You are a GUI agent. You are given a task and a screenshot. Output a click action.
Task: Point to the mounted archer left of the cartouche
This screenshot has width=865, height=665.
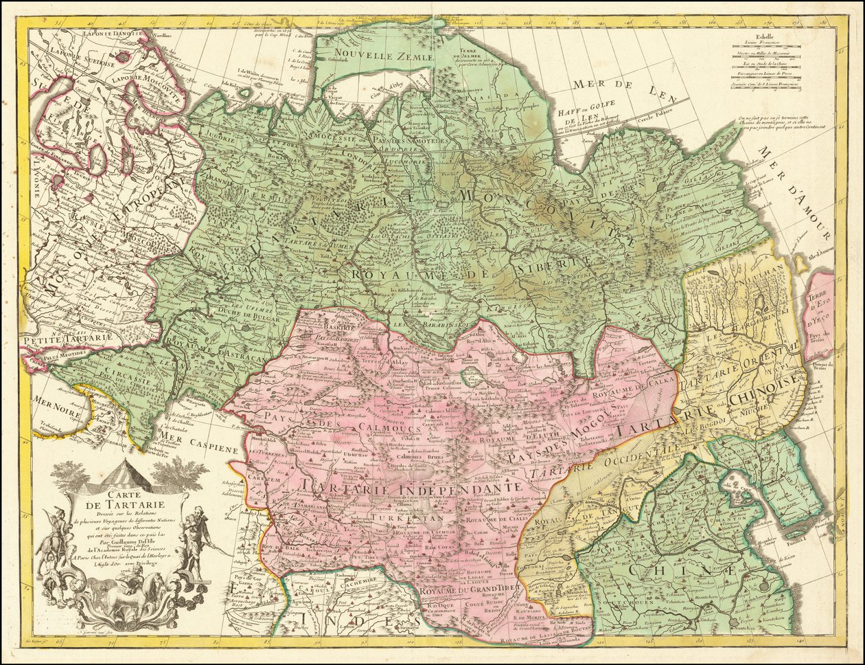pyautogui.click(x=52, y=539)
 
